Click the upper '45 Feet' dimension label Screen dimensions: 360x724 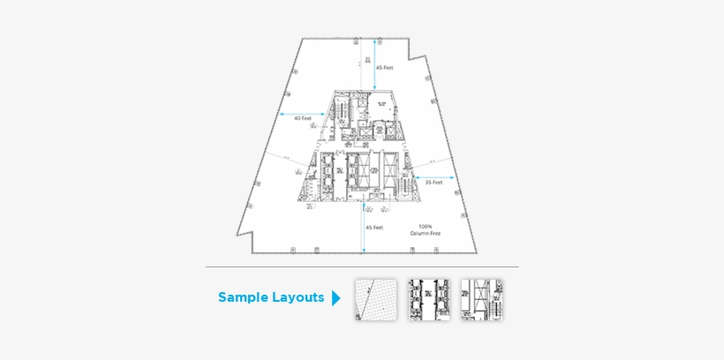384,67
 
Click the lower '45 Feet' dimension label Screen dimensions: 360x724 374,228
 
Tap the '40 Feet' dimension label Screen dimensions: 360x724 302,118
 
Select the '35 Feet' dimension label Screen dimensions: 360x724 433,183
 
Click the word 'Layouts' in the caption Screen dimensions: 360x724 298,297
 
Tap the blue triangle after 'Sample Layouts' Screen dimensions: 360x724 336,298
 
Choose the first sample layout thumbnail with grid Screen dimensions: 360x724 376,299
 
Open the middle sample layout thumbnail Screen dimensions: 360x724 428,299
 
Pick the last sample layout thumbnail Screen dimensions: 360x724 481,299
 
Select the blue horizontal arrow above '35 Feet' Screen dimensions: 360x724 433,176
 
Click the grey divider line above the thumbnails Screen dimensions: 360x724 362,266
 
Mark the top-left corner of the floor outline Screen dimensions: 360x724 303,39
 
